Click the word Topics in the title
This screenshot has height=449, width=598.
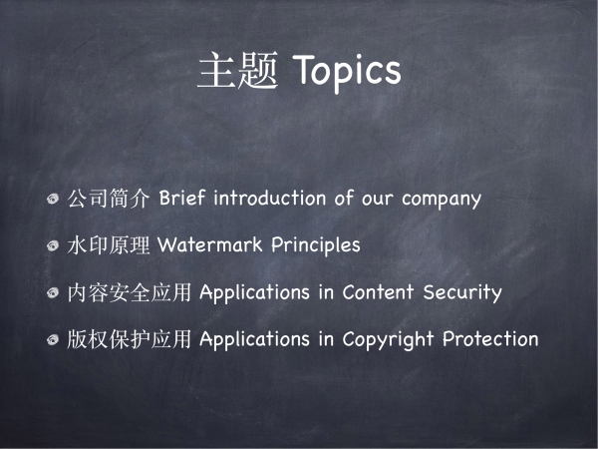346,72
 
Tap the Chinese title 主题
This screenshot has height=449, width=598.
237,71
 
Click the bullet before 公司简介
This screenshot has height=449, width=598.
53,199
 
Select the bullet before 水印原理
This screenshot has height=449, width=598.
53,245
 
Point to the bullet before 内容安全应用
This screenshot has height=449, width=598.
53,292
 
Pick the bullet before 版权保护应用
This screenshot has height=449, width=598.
53,339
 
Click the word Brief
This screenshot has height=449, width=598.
182,198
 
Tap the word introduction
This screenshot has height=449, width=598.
270,198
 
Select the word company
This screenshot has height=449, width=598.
442,200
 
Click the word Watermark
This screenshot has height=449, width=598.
209,244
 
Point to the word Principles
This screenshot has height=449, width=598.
315,245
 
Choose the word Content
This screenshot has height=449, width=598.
378,292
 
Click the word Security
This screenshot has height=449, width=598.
462,292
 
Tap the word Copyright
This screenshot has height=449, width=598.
388,340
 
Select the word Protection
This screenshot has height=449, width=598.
490,338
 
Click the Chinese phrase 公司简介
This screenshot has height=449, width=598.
108,199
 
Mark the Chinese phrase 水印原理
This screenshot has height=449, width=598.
108,245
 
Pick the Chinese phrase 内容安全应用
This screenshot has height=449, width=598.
129,292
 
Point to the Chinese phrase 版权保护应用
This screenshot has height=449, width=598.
129,339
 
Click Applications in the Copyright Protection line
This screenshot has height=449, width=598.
254,339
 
